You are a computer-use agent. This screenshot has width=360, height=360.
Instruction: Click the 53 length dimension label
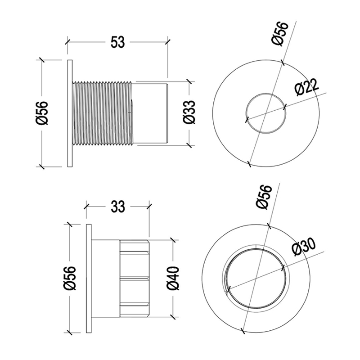point(117,42)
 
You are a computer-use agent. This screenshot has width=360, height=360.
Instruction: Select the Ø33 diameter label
point(189,112)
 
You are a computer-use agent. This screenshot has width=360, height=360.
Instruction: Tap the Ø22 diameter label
point(307,88)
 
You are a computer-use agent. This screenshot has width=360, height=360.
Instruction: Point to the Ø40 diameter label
point(173,279)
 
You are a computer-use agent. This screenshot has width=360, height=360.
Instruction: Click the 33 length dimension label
point(118,207)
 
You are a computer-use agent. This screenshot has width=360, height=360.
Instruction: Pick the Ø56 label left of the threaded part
point(42,113)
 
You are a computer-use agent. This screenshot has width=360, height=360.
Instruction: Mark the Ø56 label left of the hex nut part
point(69,278)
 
